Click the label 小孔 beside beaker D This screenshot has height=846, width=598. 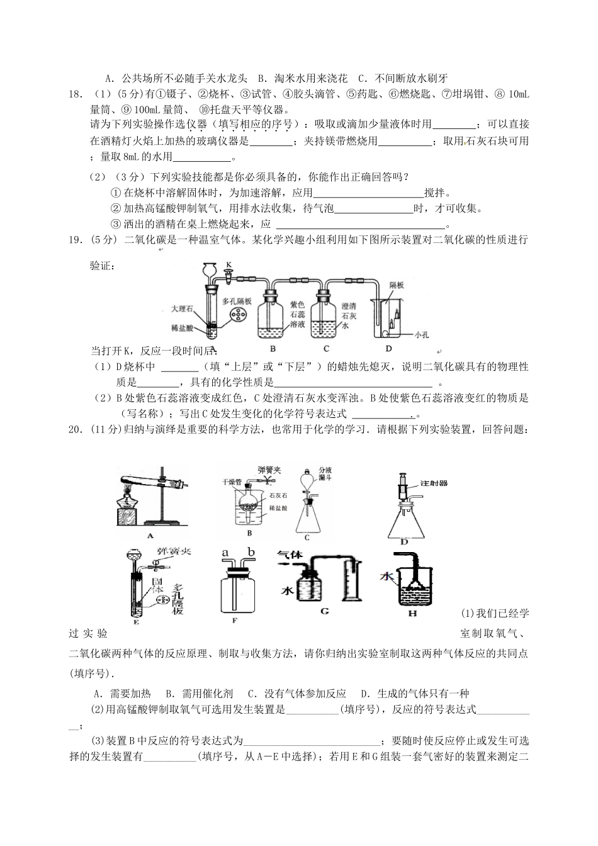click(421, 335)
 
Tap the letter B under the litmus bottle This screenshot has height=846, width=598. click(273, 348)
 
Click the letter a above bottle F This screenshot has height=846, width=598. click(225, 553)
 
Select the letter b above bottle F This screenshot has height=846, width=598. click(251, 553)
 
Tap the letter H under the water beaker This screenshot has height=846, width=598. click(412, 613)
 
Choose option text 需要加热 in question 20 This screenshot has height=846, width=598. click(130, 694)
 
